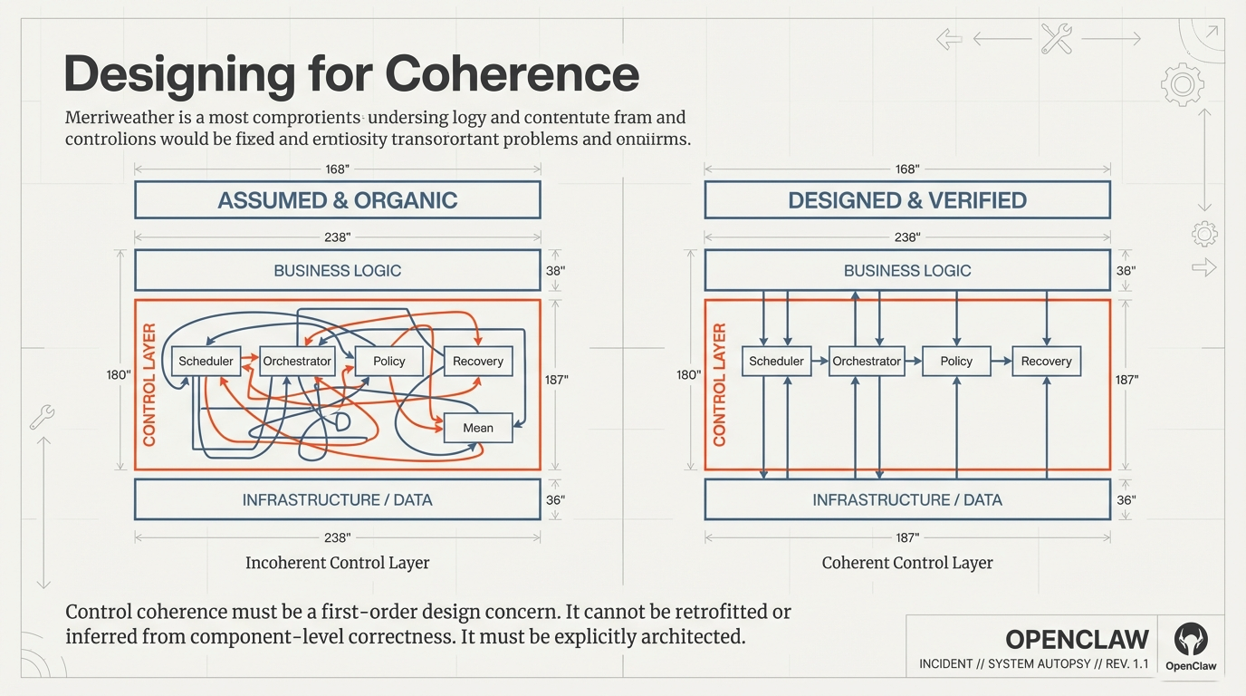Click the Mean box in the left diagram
(478, 428)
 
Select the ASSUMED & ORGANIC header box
(337, 200)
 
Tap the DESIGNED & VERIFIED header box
(906, 200)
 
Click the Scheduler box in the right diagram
(776, 361)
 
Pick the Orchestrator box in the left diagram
(297, 361)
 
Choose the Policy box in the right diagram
(955, 361)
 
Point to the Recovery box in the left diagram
(477, 361)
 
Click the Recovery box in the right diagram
(1046, 361)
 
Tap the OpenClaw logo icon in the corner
(1190, 640)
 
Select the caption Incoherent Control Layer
(337, 563)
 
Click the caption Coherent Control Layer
(906, 563)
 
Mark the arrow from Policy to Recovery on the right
(1001, 361)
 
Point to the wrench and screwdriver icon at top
(1056, 39)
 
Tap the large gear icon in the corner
(1182, 86)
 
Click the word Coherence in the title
(512, 73)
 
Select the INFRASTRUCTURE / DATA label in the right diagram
(906, 499)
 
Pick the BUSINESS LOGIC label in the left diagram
(337, 270)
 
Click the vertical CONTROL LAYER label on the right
(720, 384)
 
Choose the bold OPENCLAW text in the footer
(1077, 639)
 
